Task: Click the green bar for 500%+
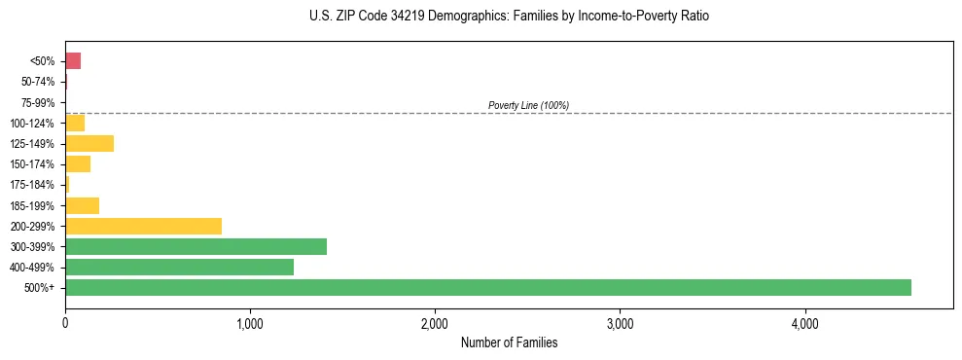(487, 287)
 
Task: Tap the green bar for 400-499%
(179, 267)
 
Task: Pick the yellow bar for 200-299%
(143, 226)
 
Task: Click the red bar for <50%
(73, 61)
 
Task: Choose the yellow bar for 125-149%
(89, 144)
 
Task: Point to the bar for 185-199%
(82, 205)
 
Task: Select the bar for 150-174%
(78, 164)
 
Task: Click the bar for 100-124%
(75, 123)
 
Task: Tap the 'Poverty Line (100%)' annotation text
(528, 105)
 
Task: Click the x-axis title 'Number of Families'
(509, 343)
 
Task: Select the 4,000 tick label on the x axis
(804, 323)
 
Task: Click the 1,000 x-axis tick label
(250, 323)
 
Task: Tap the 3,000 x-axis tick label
(620, 323)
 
